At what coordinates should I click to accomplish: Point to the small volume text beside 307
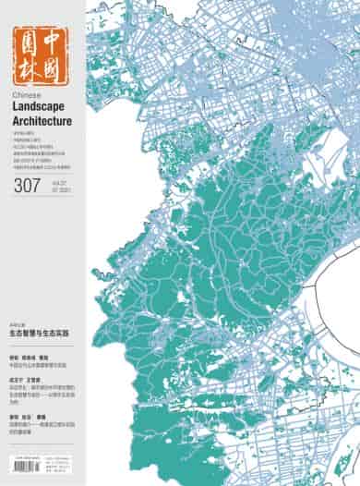coord(56,188)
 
